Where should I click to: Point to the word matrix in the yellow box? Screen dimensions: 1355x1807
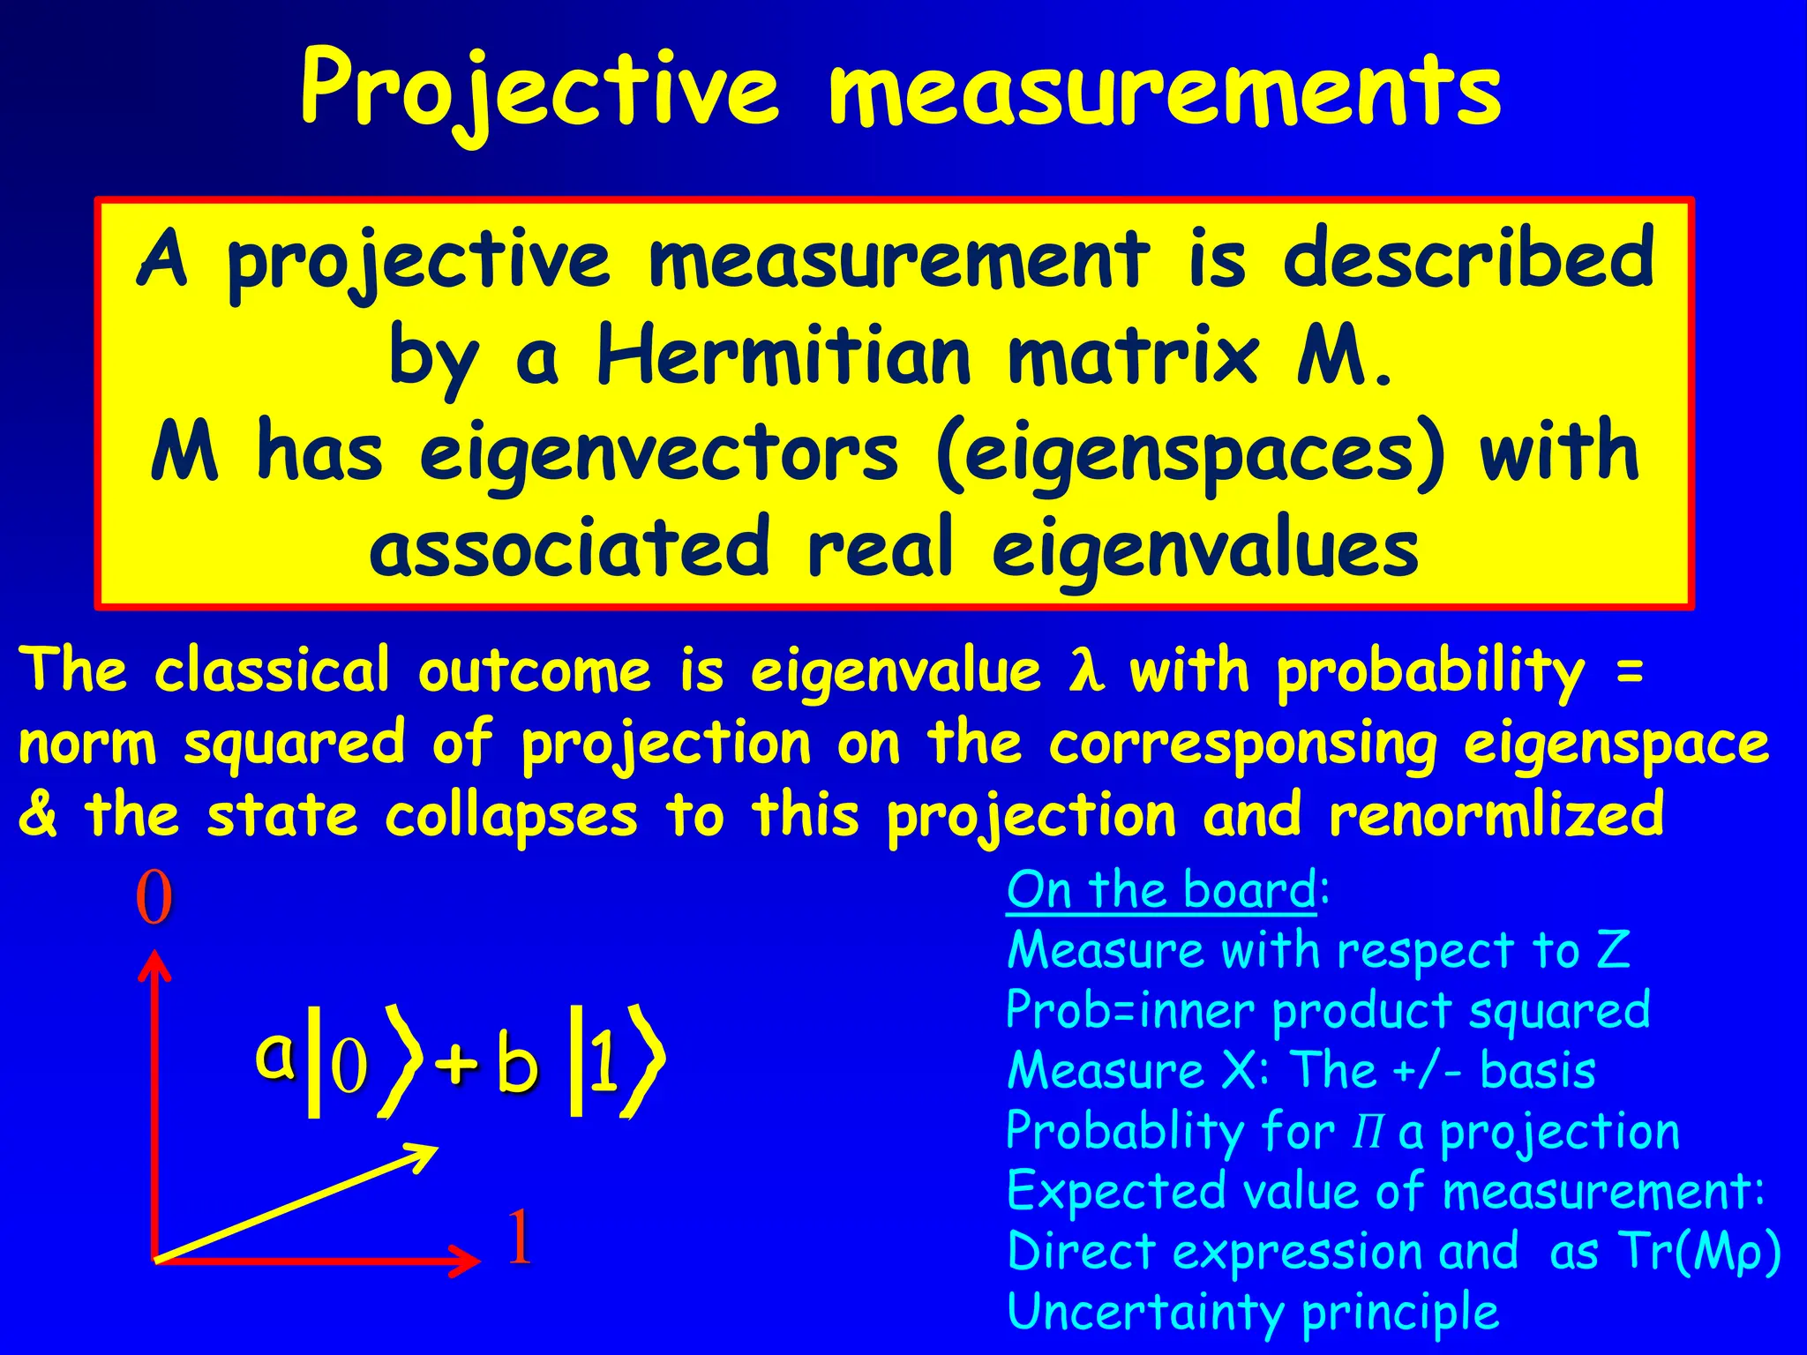pyautogui.click(x=1133, y=355)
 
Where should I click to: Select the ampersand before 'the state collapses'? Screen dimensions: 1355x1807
pyautogui.click(x=37, y=815)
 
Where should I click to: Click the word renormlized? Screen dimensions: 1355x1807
pyautogui.click(x=1496, y=815)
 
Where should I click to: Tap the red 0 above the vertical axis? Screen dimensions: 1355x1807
pyautogui.click(x=154, y=898)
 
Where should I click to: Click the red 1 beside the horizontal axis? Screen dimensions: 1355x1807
pyautogui.click(x=520, y=1237)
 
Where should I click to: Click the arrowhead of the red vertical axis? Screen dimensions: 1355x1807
pyautogui.click(x=155, y=963)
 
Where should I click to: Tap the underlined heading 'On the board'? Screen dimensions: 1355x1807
pyautogui.click(x=1161, y=890)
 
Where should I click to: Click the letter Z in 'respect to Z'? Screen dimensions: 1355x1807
pyautogui.click(x=1614, y=951)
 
